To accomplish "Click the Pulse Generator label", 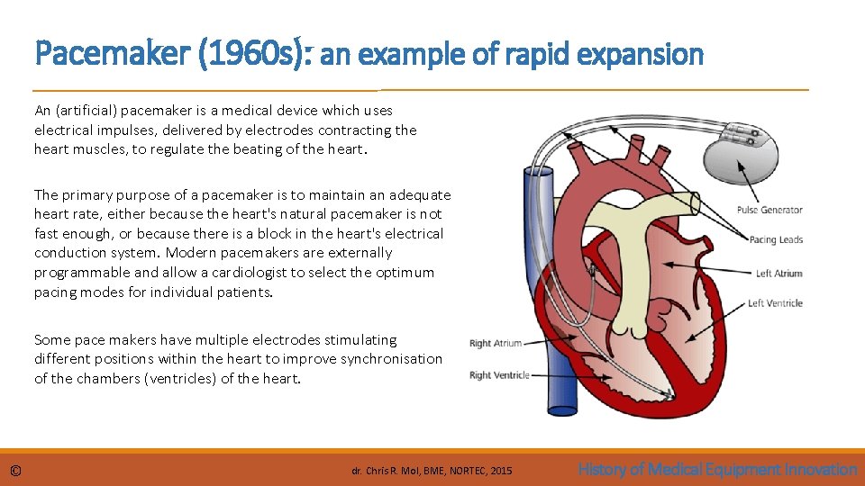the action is click(769, 211).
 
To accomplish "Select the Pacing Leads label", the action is click(776, 240).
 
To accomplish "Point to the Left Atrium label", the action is click(778, 274).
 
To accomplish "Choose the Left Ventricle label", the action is click(775, 303).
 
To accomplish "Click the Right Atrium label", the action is click(496, 343).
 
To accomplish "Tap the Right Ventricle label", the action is click(499, 375).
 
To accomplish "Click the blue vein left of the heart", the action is click(539, 270).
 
